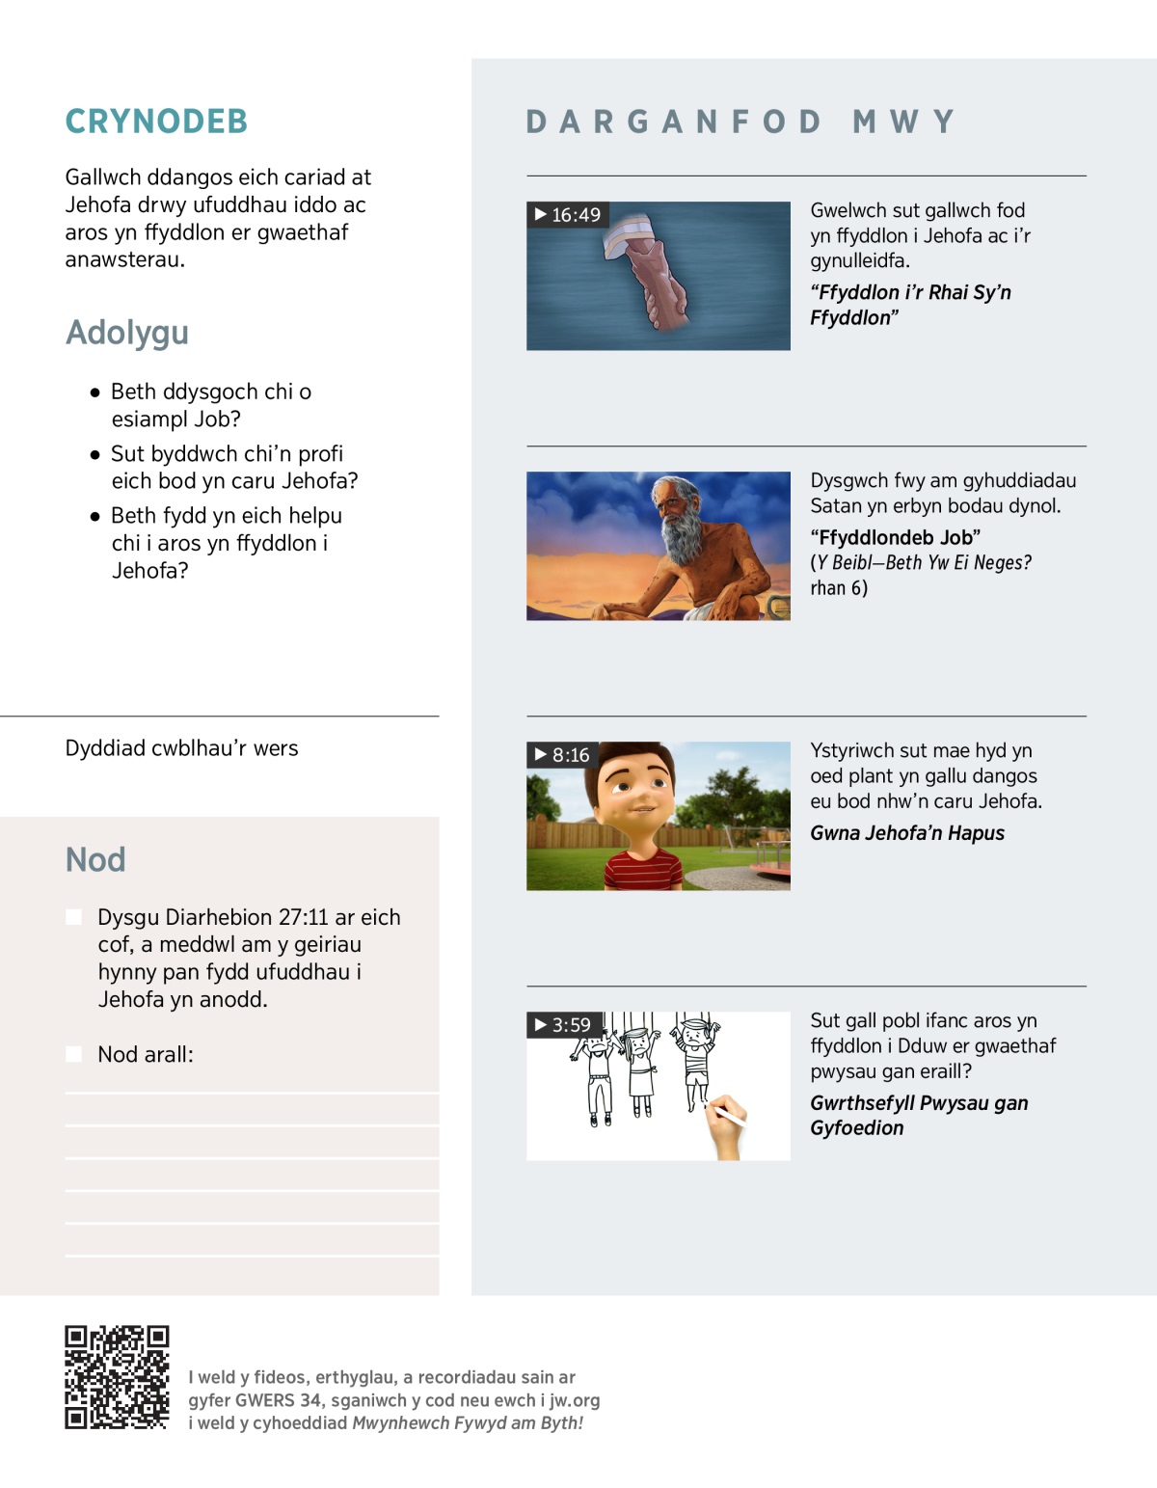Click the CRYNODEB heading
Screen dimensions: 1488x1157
[x=156, y=122]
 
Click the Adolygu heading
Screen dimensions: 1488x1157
[x=127, y=333]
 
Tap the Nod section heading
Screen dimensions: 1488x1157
[x=95, y=859]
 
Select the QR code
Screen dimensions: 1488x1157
[x=117, y=1377]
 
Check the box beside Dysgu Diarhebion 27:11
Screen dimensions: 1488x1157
[x=74, y=917]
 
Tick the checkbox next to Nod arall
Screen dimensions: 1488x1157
[x=74, y=1054]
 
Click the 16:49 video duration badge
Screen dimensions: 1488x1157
[x=568, y=215]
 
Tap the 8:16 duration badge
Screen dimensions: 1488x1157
[x=562, y=755]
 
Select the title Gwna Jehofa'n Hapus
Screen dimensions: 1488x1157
[x=906, y=833]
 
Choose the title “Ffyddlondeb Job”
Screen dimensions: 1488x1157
[x=895, y=537]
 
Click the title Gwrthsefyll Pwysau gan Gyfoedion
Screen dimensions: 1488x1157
[x=918, y=1116]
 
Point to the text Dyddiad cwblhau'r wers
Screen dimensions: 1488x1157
[x=181, y=748]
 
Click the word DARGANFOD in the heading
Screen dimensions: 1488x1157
[x=673, y=122]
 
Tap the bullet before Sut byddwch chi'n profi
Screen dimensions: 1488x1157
[x=94, y=454]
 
